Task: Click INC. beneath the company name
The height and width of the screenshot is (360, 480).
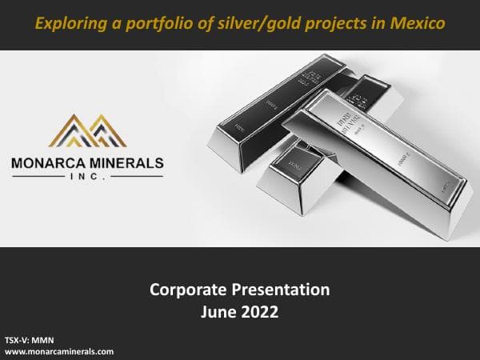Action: coord(88,179)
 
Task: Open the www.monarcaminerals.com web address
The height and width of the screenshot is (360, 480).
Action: coord(59,350)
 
